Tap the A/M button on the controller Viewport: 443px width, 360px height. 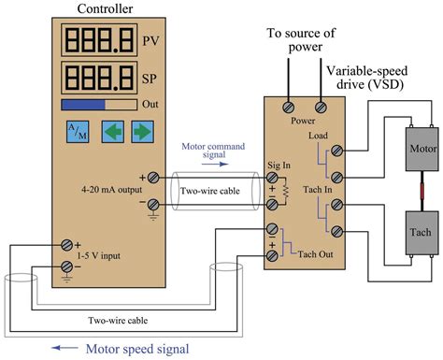tap(77, 131)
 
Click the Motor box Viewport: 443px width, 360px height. tap(416, 151)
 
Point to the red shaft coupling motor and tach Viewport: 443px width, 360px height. tap(416, 191)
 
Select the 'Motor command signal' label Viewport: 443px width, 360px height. tap(213, 151)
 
